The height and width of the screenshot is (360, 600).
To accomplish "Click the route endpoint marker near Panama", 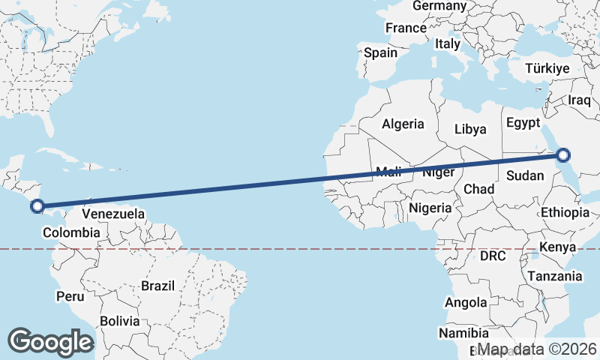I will click(x=37, y=205).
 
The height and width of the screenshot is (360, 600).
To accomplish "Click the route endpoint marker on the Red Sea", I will click(x=563, y=156).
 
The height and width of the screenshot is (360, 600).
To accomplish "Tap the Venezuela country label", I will click(x=112, y=214).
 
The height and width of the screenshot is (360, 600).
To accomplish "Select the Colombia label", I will click(x=70, y=233).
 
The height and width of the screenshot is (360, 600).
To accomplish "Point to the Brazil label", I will click(x=157, y=286).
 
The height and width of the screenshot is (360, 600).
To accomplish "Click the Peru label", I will click(x=70, y=296).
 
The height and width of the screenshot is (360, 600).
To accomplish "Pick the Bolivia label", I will click(x=120, y=320).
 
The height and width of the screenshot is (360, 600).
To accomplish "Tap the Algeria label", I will click(x=403, y=124).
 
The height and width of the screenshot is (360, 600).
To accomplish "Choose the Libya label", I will click(x=470, y=129).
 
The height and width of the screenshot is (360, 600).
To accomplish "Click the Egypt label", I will click(x=523, y=122).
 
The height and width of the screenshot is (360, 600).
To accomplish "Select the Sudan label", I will click(x=520, y=175).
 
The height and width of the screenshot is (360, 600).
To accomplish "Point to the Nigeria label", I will click(x=431, y=208).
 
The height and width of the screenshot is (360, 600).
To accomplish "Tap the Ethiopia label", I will click(x=565, y=212).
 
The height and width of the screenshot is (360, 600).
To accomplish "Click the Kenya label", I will click(x=557, y=247).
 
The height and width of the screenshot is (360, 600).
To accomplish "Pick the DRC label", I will click(x=493, y=256).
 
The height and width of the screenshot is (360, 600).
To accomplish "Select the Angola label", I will click(x=466, y=303).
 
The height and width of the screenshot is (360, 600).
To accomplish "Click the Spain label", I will click(x=380, y=53).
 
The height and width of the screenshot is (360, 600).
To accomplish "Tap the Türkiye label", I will click(x=547, y=68).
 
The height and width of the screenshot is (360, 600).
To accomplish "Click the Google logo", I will click(x=51, y=341).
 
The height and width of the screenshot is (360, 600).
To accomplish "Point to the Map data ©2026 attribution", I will click(x=537, y=349).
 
